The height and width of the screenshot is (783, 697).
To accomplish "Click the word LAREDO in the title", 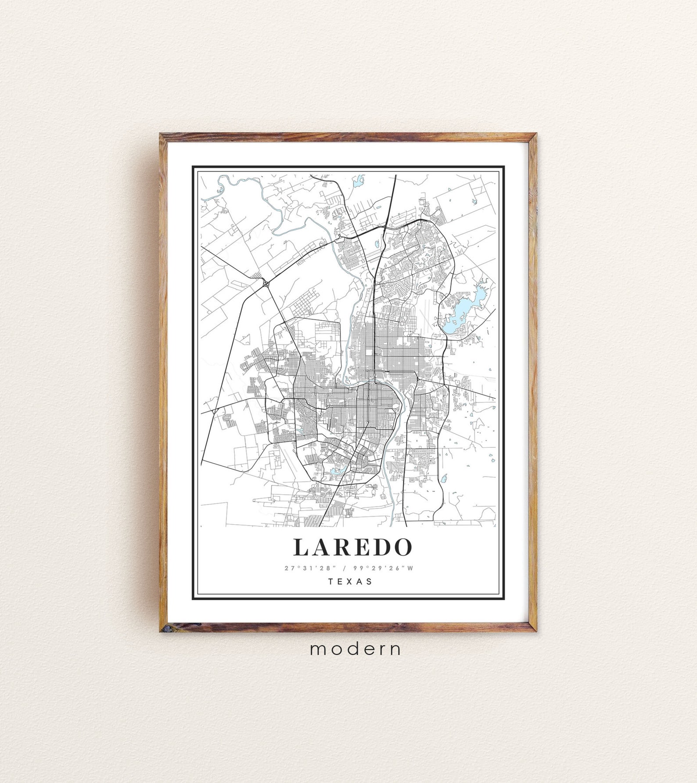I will (x=353, y=547).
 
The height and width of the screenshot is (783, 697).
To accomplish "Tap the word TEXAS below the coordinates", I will (x=350, y=581).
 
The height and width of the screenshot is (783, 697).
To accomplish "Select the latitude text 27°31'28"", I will (x=309, y=568).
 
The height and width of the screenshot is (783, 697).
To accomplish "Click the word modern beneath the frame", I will (x=356, y=649).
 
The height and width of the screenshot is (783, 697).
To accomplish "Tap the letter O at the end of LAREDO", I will (x=403, y=547).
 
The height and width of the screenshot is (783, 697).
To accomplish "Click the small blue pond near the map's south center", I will (x=335, y=471).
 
